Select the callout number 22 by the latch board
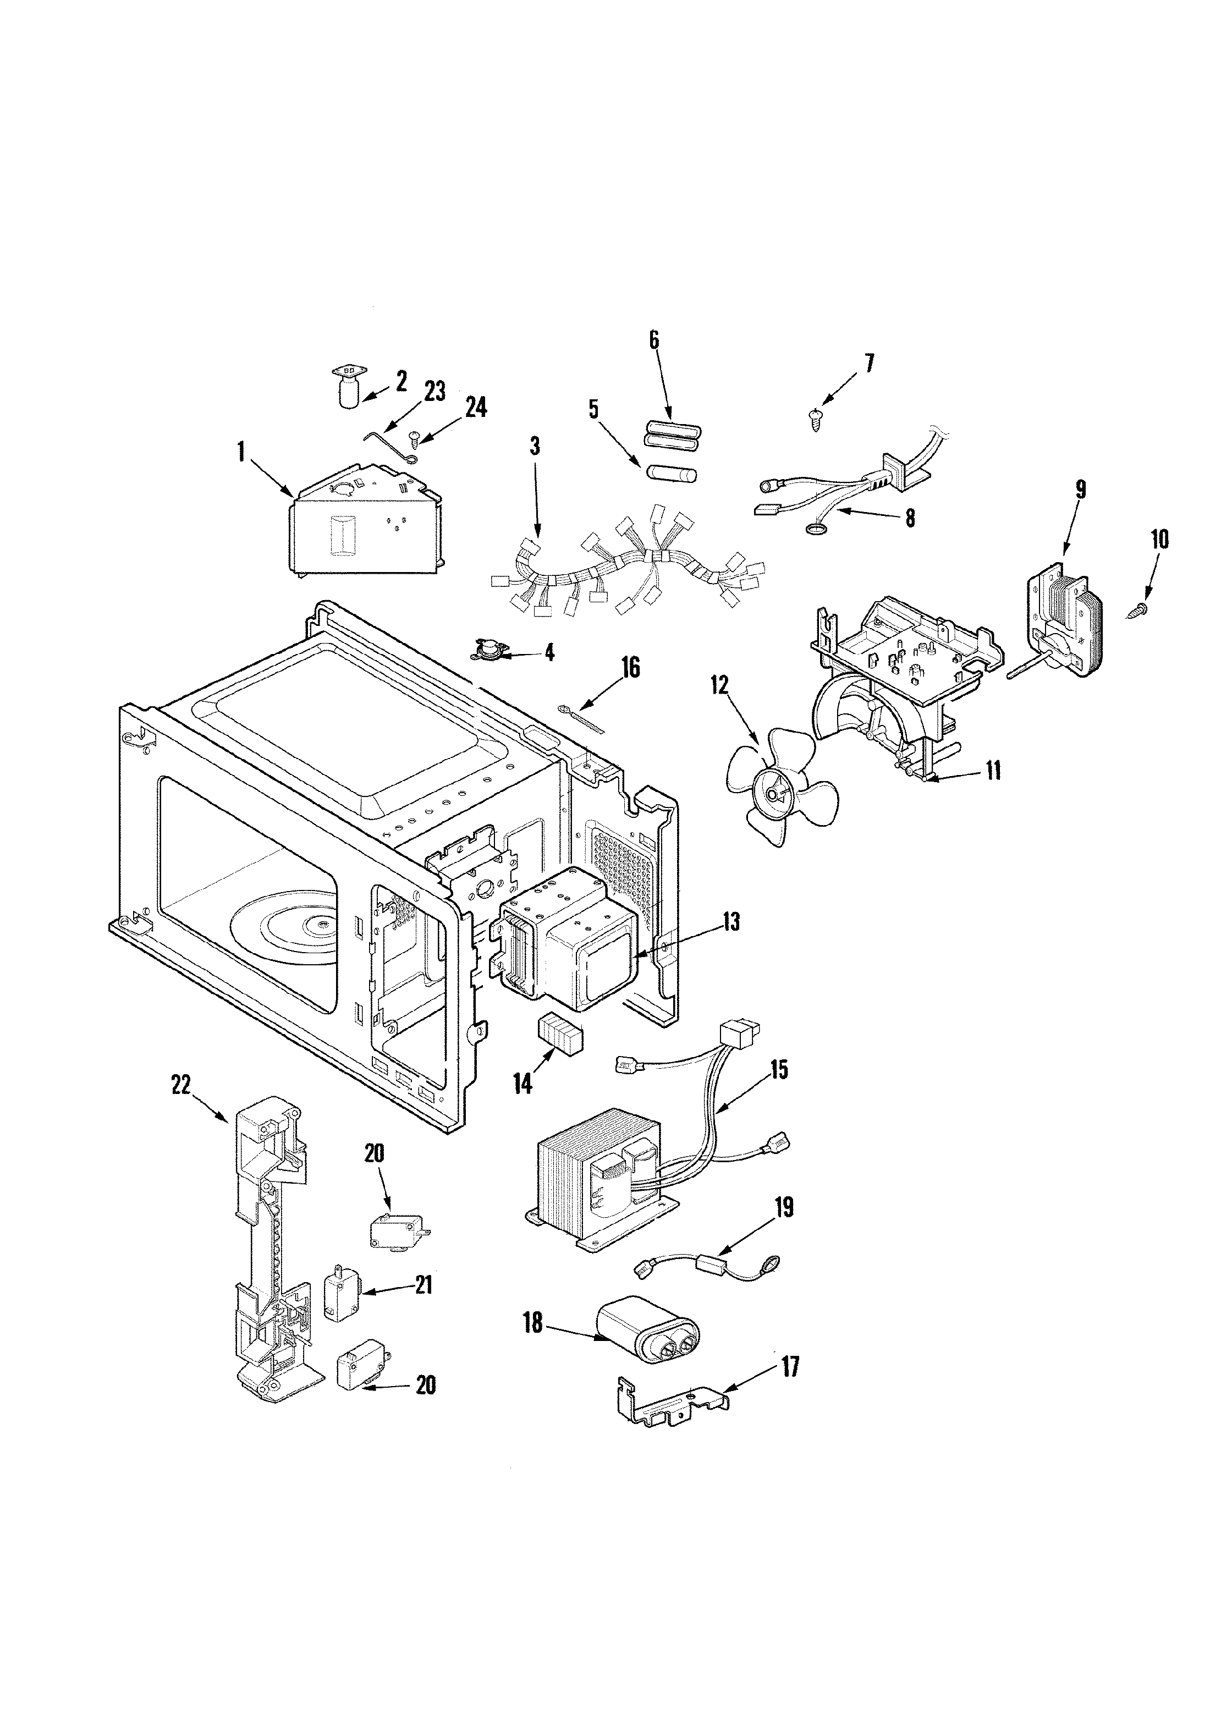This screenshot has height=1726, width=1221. [181, 1086]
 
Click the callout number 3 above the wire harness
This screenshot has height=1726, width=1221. [535, 446]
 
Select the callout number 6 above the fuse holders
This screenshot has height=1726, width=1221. [653, 340]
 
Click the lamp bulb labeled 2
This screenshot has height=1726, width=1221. [348, 388]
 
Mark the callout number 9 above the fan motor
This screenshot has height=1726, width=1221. [1080, 490]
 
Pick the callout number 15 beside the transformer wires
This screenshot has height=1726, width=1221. [778, 1070]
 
